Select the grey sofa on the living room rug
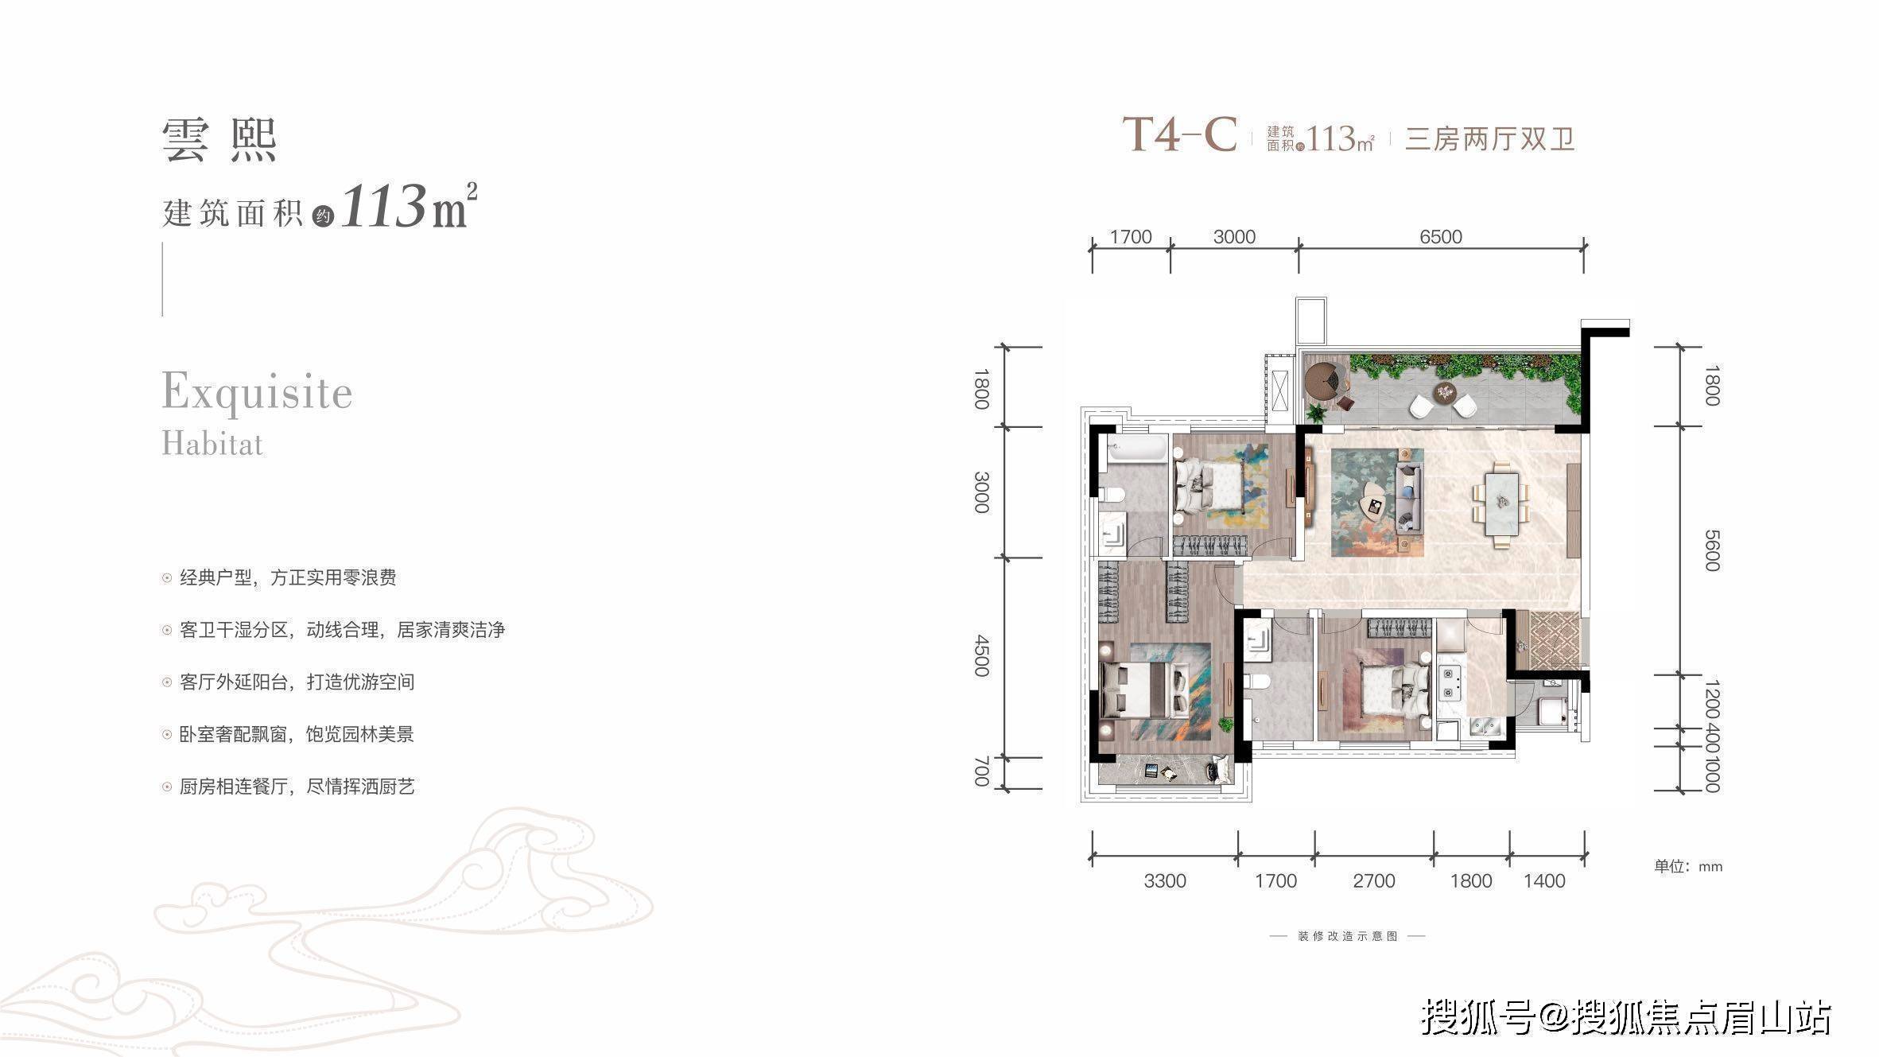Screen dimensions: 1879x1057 (x=1409, y=499)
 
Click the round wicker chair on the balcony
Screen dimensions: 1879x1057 (x=1324, y=381)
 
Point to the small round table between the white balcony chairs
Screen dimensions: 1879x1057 (x=1443, y=392)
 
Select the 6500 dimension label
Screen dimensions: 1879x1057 (x=1441, y=237)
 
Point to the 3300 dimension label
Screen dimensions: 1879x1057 (x=1165, y=881)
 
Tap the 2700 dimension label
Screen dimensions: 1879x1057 (x=1374, y=881)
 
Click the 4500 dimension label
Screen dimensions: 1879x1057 (x=982, y=655)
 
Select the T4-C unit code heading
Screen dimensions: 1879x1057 (x=1180, y=134)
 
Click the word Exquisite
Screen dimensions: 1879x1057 (x=257, y=393)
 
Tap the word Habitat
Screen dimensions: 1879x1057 (x=212, y=443)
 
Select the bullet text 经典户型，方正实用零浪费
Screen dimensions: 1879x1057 (x=288, y=577)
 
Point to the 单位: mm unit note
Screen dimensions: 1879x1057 (x=1688, y=866)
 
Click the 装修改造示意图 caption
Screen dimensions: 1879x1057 (x=1348, y=936)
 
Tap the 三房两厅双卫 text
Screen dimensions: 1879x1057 (x=1489, y=139)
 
